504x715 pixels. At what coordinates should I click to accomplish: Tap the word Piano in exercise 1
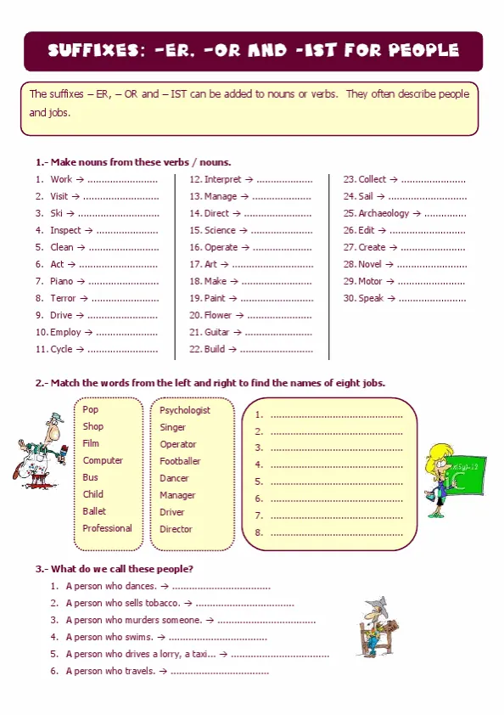pos(62,281)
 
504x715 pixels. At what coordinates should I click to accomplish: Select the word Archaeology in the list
pos(384,213)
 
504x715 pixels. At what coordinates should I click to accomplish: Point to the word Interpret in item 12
pos(222,179)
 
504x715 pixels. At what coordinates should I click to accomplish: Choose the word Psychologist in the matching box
pos(185,410)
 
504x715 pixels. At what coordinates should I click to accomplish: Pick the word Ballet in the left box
pos(94,511)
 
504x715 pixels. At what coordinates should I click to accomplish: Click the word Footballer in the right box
pos(180,461)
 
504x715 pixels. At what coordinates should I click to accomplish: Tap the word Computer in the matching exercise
pos(103,460)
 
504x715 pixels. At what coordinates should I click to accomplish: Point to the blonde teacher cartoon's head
pos(442,459)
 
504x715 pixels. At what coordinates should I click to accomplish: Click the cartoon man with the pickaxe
pos(375,626)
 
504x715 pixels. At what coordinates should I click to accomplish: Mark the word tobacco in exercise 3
pos(164,603)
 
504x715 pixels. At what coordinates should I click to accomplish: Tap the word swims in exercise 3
pos(140,637)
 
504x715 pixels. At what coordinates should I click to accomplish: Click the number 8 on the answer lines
pos(259,532)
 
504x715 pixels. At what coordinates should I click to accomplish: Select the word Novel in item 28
pos(371,264)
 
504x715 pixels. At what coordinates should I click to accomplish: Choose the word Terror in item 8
pos(63,298)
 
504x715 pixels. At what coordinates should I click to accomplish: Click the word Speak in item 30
pos(371,298)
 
